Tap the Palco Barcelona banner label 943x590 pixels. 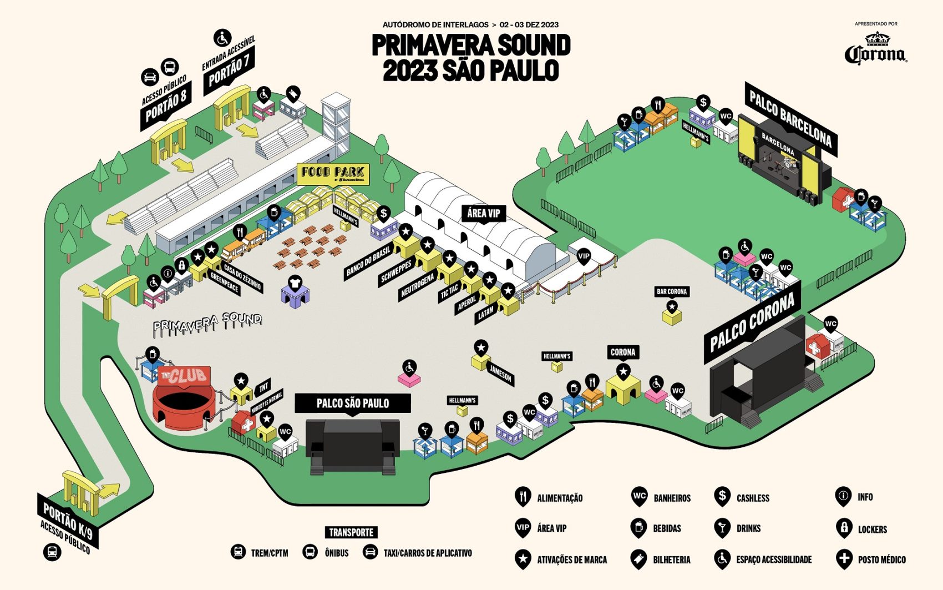pyautogui.click(x=790, y=119)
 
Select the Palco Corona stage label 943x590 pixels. pyautogui.click(x=752, y=322)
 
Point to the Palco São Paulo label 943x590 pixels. pyautogui.click(x=352, y=403)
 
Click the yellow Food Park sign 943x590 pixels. pyautogui.click(x=333, y=173)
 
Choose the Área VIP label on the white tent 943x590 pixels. pyautogui.click(x=483, y=213)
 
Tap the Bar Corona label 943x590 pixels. pyautogui.click(x=672, y=291)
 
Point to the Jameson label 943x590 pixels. pyautogui.click(x=500, y=375)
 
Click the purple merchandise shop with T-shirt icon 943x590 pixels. pyautogui.click(x=295, y=291)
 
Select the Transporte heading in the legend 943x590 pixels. pyautogui.click(x=351, y=532)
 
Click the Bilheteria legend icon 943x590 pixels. pyautogui.click(x=639, y=559)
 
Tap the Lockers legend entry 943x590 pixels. pyautogui.click(x=871, y=529)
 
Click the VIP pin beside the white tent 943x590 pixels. pyautogui.click(x=584, y=256)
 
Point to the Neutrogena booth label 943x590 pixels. pyautogui.click(x=417, y=287)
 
